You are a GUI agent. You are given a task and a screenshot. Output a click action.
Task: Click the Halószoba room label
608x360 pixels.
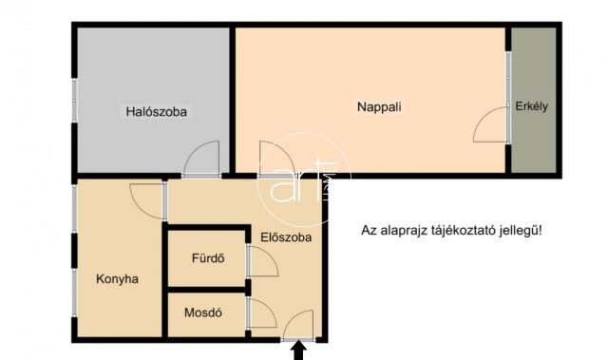156,112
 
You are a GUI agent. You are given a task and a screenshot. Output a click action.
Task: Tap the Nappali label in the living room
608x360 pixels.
379,107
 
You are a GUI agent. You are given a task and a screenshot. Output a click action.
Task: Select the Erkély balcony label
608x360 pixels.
531,106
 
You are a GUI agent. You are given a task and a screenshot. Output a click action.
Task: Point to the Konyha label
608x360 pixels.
117,279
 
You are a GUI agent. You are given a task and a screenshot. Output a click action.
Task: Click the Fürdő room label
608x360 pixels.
208,258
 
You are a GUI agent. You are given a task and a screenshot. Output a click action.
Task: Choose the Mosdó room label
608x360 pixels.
203,313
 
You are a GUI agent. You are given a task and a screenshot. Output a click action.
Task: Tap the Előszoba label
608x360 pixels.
286,237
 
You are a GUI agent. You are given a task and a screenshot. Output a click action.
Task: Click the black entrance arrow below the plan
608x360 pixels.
298,351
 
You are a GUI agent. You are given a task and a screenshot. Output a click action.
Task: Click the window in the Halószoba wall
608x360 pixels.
74,101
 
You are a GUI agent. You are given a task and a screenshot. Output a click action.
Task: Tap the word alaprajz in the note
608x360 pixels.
404,231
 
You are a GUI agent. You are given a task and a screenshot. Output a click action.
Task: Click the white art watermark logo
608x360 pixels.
305,180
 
